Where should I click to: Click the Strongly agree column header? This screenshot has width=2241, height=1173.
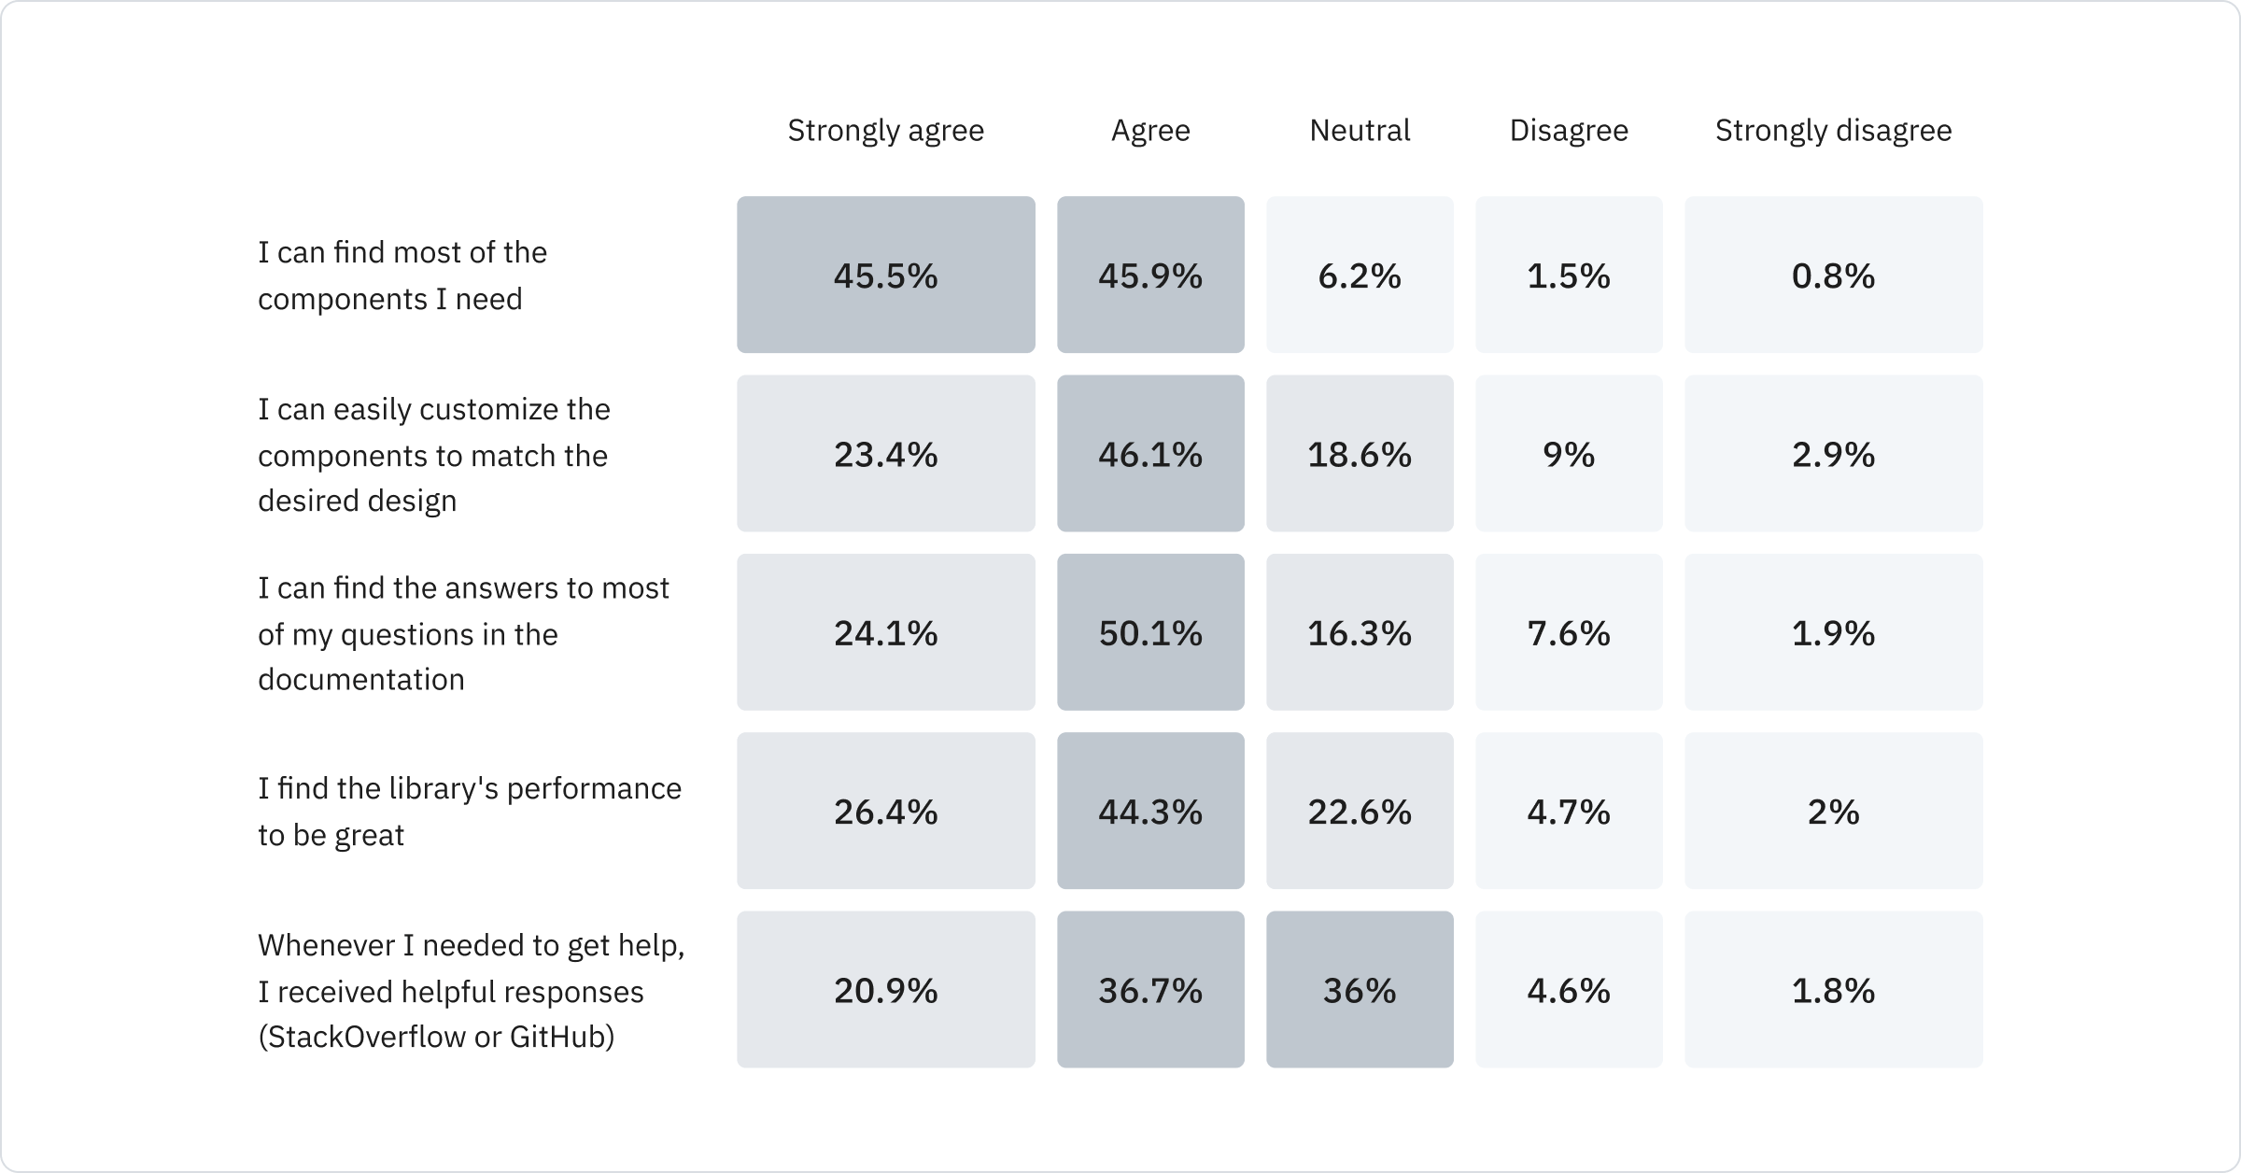click(885, 131)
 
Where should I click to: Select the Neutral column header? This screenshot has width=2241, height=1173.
click(1360, 131)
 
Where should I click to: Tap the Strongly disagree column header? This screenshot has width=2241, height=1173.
click(1833, 131)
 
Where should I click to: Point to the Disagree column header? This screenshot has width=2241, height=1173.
click(1569, 131)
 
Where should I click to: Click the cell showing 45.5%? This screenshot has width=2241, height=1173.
click(885, 275)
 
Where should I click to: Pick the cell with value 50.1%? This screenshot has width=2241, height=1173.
click(1150, 632)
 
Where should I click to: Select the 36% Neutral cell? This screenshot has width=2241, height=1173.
click(1360, 989)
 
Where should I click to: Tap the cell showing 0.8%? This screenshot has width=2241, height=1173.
click(1833, 275)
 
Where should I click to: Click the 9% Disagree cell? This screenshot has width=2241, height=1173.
click(1569, 454)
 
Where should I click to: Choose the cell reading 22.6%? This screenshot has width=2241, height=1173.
click(1360, 811)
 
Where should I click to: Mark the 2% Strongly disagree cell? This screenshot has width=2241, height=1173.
click(1833, 811)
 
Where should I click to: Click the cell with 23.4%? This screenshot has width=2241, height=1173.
click(885, 454)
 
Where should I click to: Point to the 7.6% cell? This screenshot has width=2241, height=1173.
click(1569, 632)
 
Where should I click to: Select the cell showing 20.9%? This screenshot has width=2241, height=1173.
click(885, 989)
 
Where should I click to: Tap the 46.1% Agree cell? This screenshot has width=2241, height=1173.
click(1150, 454)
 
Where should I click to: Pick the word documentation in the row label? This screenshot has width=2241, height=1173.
click(360, 679)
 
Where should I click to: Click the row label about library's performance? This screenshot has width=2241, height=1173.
click(469, 811)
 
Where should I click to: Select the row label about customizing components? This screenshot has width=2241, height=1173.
click(433, 455)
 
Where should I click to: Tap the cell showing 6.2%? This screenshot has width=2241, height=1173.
click(1360, 275)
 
